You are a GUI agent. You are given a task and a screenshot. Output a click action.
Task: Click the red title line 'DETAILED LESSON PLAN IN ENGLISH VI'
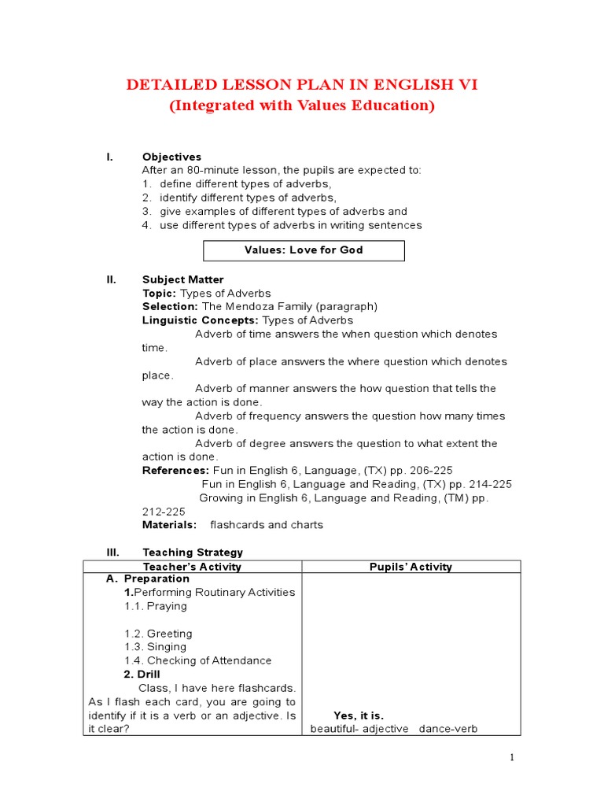[x=302, y=85]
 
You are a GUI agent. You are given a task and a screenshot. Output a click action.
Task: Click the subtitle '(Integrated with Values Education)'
[x=302, y=105]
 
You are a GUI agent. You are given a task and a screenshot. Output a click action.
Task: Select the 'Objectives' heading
[x=171, y=157]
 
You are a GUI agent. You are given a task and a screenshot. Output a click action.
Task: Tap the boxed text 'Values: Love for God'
[x=304, y=250]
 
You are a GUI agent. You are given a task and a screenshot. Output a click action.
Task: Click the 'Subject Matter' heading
[x=182, y=279]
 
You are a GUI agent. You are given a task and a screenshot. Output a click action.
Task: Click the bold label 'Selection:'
[x=170, y=306]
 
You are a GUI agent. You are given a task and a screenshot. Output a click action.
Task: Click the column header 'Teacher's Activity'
[x=192, y=567]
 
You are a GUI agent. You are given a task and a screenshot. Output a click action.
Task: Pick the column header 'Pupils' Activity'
[x=411, y=567]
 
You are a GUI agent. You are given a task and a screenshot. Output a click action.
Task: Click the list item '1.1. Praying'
[x=155, y=606]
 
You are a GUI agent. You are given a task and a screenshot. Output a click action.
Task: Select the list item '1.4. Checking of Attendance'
[x=197, y=660]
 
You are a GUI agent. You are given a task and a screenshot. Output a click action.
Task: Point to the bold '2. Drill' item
[x=142, y=675]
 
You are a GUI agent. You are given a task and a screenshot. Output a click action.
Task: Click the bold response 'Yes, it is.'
[x=359, y=715]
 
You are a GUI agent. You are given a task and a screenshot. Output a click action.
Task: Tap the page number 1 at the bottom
[x=511, y=757]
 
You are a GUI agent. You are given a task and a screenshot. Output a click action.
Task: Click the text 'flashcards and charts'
[x=267, y=525]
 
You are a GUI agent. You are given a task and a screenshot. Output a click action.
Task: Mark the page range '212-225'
[x=164, y=511]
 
